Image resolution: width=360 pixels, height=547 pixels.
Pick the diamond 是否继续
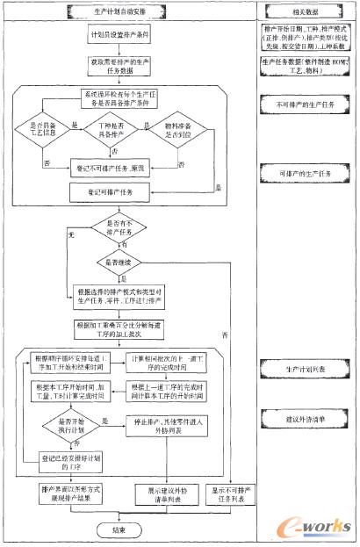[121, 263]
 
